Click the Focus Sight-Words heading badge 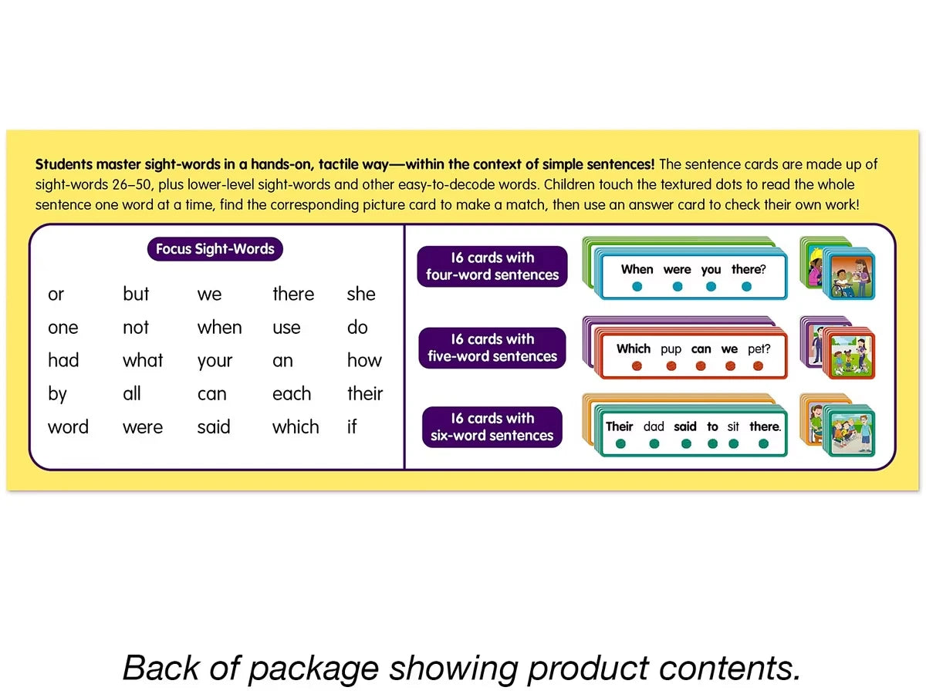coord(215,248)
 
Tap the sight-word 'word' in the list coord(68,427)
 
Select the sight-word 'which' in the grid coord(296,426)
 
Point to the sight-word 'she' coord(360,294)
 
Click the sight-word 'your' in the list coord(215,361)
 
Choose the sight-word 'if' coord(352,426)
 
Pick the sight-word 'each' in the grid coord(292,393)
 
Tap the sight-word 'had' coord(63,360)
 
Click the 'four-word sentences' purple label coord(492,266)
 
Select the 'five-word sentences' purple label coord(492,348)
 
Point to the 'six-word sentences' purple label coord(492,427)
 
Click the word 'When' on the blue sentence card coord(637,269)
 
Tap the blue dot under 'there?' coord(746,287)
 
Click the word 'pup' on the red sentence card coord(671,350)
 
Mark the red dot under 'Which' coord(637,366)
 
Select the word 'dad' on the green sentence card coord(654,426)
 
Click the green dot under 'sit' coord(733,443)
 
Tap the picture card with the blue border coord(849,275)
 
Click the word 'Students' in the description coord(64,164)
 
